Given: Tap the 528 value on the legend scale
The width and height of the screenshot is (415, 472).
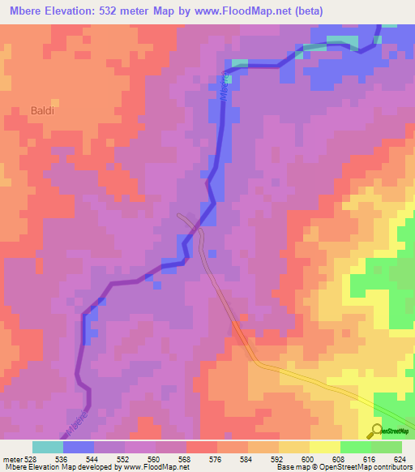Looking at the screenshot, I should pyautogui.click(x=28, y=459).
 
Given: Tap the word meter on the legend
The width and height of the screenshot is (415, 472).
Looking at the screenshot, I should pyautogui.click(x=11, y=459).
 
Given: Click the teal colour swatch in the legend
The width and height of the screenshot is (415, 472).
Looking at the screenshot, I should pyautogui.click(x=47, y=447).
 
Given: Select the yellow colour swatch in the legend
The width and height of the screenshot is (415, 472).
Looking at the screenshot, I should pyautogui.click(x=324, y=447).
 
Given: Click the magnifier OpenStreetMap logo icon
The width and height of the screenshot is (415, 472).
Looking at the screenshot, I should pyautogui.click(x=377, y=430).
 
